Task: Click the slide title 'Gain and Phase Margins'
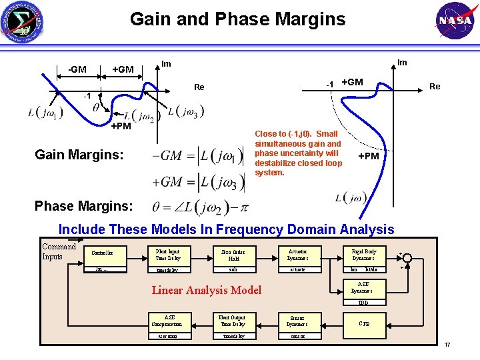pyautogui.click(x=238, y=19)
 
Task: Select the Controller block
pyautogui.click(x=102, y=253)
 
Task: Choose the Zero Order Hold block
pyautogui.click(x=233, y=254)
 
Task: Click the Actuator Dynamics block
pyautogui.click(x=297, y=254)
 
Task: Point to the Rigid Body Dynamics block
pyautogui.click(x=363, y=254)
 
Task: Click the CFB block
pyautogui.click(x=364, y=323)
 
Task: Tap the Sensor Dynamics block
pyautogui.click(x=297, y=321)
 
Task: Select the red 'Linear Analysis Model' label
pyautogui.click(x=207, y=290)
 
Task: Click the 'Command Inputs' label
pyautogui.click(x=59, y=251)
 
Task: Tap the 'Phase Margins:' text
pyautogui.click(x=83, y=207)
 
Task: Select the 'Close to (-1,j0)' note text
pyautogui.click(x=298, y=153)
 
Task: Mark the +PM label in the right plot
pyautogui.click(x=369, y=155)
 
